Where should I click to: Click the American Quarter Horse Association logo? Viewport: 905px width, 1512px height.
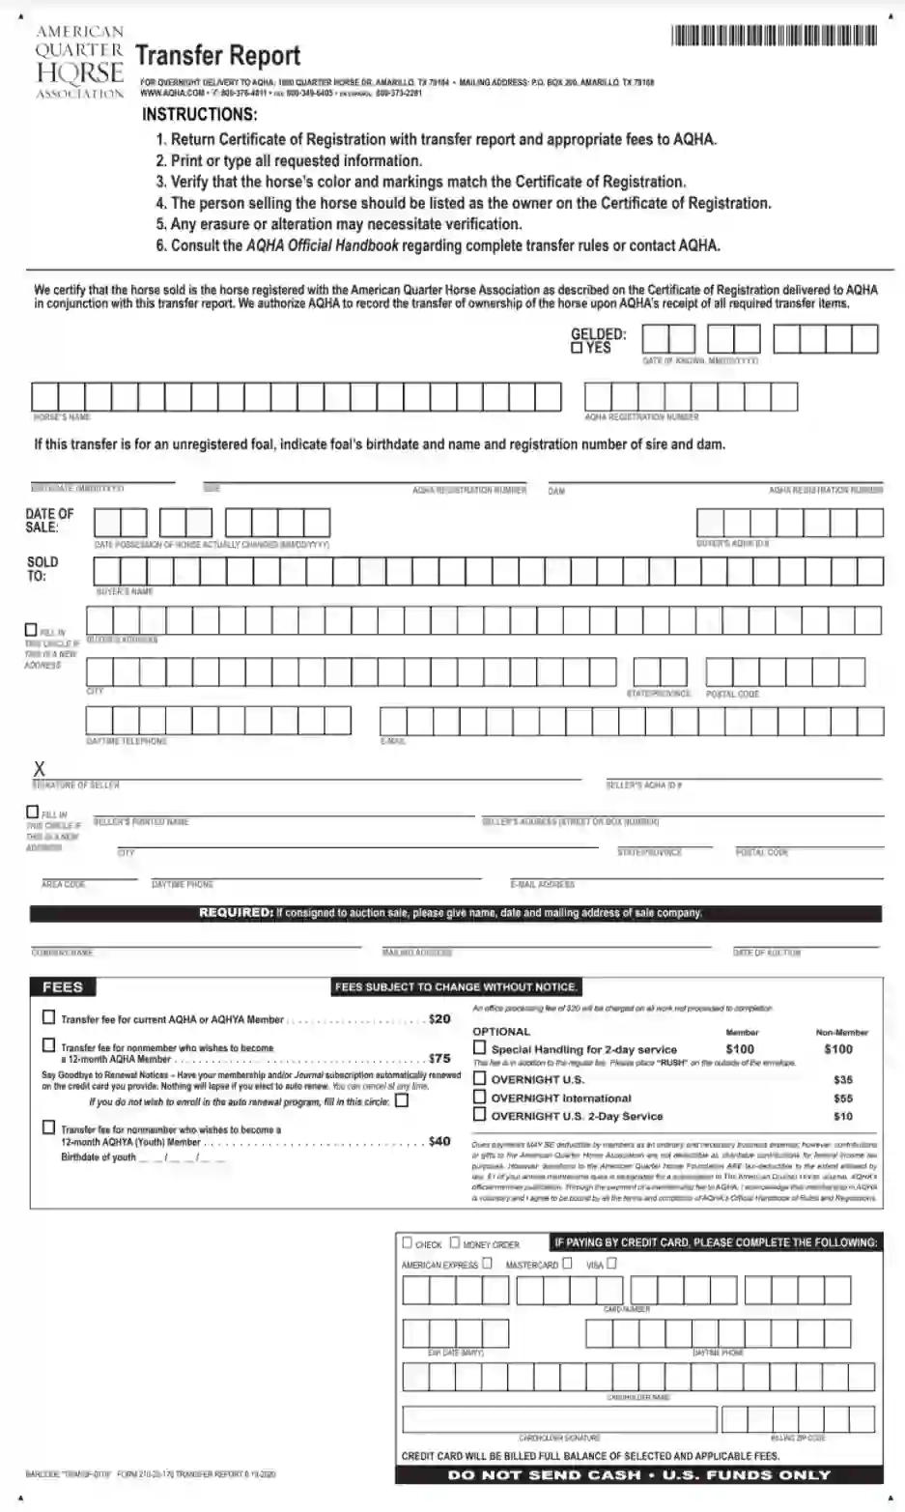click(79, 63)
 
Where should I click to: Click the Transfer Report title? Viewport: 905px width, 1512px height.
click(217, 56)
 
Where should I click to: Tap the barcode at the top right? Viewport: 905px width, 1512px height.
click(774, 37)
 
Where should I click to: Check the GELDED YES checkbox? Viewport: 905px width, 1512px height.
click(577, 349)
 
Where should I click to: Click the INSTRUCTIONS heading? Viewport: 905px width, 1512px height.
click(200, 114)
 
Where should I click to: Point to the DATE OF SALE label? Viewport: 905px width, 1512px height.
click(49, 520)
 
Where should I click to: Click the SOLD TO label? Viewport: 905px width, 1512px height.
click(42, 568)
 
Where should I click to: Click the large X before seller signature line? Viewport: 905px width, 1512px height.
click(40, 769)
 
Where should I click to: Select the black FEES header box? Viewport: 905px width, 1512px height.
click(63, 986)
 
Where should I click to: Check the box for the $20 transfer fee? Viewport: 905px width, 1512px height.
click(49, 1017)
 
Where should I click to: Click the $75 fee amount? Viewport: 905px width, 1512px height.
click(439, 1058)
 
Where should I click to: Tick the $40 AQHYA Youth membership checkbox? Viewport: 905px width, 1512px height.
click(49, 1127)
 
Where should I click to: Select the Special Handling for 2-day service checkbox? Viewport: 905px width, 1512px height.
click(479, 1047)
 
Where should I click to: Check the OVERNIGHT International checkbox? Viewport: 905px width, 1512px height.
click(479, 1097)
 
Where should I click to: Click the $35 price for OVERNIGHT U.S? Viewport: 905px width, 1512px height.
click(842, 1079)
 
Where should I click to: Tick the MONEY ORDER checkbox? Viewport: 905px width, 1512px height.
click(454, 1243)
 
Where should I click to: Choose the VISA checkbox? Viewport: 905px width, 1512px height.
click(611, 1263)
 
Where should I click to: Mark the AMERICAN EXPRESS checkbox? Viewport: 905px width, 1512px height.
click(487, 1263)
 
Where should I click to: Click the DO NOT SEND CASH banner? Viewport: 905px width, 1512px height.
click(638, 1475)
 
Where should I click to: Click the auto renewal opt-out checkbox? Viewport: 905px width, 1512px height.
click(402, 1099)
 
